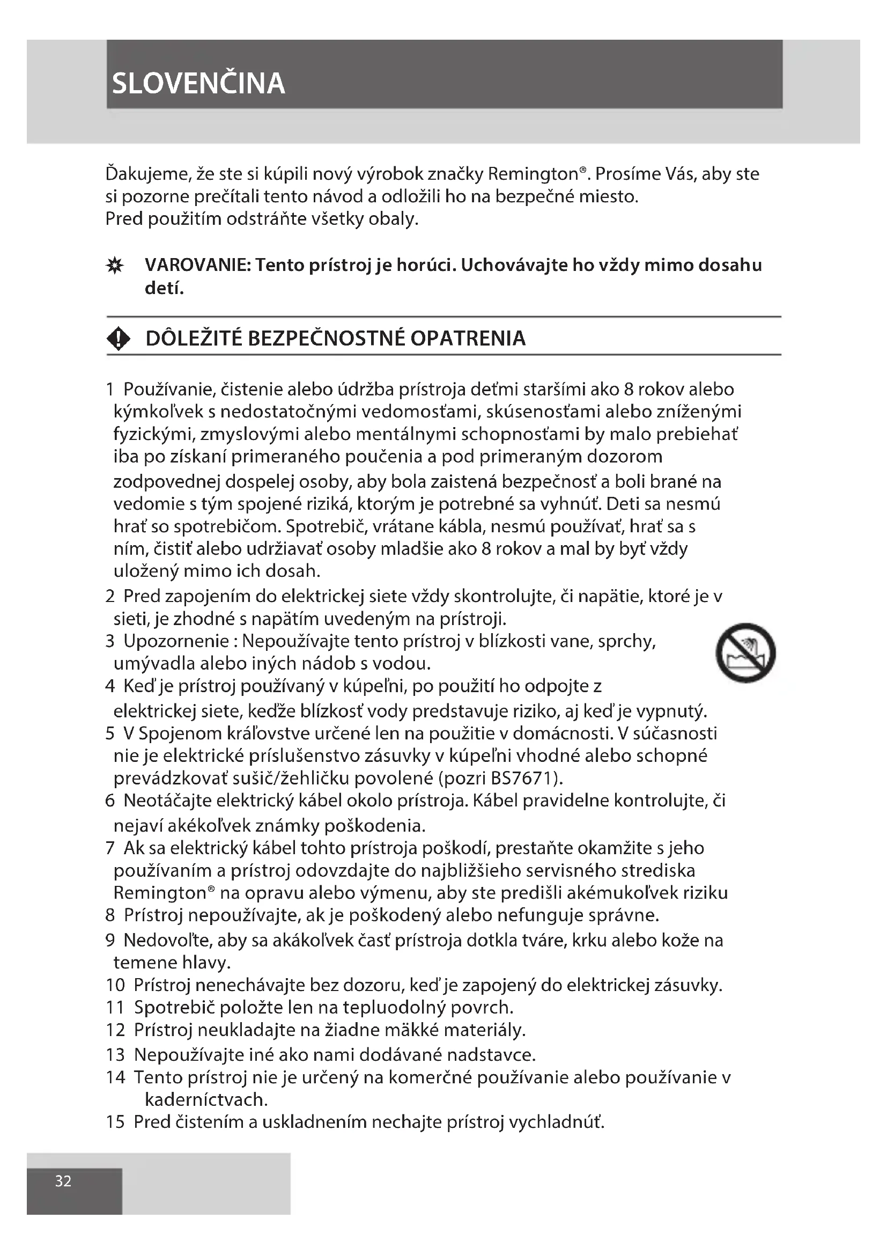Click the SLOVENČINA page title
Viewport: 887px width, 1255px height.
click(x=198, y=84)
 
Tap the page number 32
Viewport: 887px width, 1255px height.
click(x=63, y=1181)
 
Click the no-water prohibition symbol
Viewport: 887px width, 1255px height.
click(x=745, y=652)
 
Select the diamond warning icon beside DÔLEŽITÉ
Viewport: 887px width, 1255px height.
click(x=119, y=339)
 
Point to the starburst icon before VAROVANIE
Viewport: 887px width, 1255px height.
click(x=115, y=266)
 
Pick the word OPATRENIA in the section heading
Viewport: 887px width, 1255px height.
click(x=468, y=339)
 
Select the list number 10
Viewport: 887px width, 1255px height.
click(x=115, y=985)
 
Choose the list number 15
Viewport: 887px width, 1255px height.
click(x=115, y=1121)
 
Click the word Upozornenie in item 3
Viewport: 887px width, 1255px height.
click(x=176, y=641)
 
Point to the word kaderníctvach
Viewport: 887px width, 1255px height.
click(x=206, y=1099)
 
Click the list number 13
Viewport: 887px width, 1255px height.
click(x=115, y=1054)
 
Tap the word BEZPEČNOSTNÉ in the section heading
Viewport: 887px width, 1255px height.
click(x=327, y=339)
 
